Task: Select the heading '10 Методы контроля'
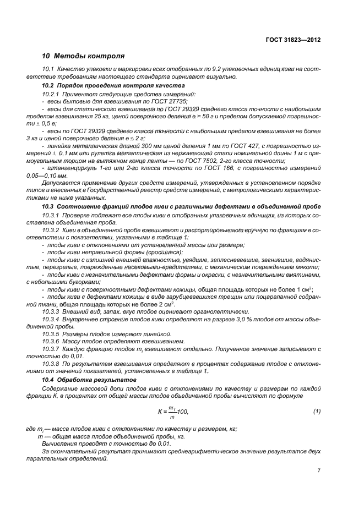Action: (83, 56)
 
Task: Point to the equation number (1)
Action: (317, 411)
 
